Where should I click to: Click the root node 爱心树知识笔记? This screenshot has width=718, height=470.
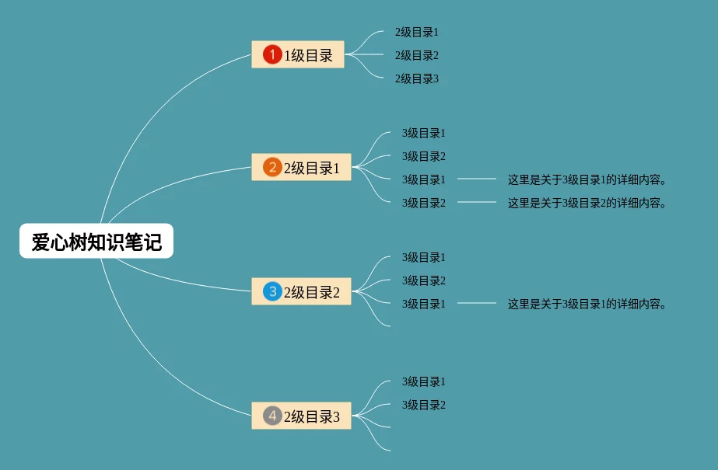coord(96,242)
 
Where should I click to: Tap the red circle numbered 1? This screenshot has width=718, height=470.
coord(272,54)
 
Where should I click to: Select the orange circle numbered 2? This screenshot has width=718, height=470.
coord(272,167)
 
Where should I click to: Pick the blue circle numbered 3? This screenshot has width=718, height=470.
coord(272,291)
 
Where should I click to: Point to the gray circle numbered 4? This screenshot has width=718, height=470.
coord(272,416)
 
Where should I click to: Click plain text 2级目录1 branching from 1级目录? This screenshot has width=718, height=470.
coord(417,32)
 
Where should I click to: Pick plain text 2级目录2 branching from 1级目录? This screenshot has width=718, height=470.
coord(417,55)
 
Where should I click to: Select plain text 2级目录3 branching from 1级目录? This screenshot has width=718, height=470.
coord(417,78)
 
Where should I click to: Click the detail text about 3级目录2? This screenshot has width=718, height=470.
coord(589,203)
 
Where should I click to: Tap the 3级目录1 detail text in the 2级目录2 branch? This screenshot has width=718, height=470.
coord(589,304)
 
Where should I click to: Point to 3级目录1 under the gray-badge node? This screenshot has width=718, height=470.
coord(424,381)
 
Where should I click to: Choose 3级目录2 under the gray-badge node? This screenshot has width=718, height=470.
coord(424,405)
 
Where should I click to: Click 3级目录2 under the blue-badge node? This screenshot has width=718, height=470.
coord(424,280)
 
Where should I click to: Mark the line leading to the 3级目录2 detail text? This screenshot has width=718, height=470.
coord(477,203)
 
